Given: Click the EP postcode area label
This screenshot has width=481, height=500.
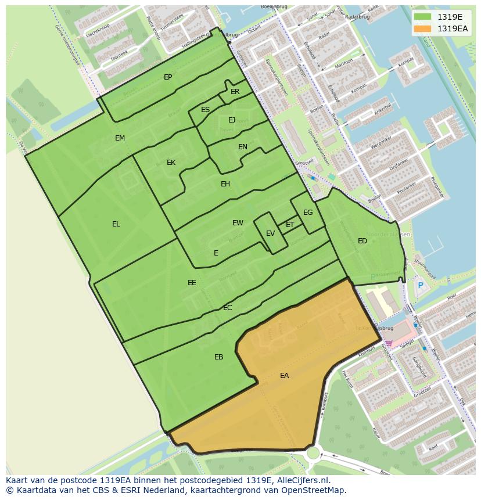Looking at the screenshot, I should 168,77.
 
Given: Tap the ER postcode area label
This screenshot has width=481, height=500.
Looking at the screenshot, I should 235,92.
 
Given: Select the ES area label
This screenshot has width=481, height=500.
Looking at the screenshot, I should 205,110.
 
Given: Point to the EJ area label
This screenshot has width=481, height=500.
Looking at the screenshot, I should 232,120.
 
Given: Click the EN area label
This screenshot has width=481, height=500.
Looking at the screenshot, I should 243,147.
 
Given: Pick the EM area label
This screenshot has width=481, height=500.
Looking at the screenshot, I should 120,138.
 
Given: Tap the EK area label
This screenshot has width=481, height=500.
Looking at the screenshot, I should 171,163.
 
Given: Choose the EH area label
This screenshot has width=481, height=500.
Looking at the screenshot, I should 225,184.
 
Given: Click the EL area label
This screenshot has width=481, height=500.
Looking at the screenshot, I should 116,224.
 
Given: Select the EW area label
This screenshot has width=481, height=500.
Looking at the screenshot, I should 238,223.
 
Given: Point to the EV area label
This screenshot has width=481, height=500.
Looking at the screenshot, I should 270,233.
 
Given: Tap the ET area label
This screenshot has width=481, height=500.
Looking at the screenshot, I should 290,225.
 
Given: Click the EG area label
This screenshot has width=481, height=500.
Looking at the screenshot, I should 308,213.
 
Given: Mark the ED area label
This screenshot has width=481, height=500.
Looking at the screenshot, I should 362,241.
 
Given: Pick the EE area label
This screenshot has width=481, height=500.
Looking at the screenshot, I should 192,283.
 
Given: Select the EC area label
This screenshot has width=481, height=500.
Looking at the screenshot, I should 228,308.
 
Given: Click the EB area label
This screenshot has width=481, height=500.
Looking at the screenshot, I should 218,357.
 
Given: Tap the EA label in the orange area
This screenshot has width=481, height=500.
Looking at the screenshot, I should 284,376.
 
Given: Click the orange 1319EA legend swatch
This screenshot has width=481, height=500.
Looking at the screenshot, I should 423,28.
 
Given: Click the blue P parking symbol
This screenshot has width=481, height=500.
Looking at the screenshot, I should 420,285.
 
